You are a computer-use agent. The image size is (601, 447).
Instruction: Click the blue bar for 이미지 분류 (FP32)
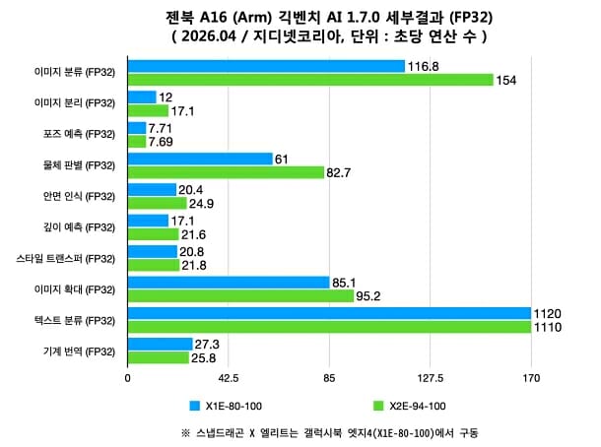(x=266, y=66)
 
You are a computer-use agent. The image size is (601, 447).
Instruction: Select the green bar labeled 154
(x=310, y=80)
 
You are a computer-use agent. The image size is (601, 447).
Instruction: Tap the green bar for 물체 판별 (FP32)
(x=226, y=172)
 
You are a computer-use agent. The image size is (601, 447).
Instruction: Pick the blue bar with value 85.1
(x=229, y=283)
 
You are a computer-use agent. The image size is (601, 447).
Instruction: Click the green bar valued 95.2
(x=240, y=296)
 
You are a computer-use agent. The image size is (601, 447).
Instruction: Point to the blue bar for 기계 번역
(x=161, y=345)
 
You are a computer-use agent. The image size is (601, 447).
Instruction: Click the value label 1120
(x=548, y=314)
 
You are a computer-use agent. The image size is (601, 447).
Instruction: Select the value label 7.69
(x=163, y=142)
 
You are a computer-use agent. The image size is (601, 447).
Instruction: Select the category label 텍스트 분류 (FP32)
(x=75, y=320)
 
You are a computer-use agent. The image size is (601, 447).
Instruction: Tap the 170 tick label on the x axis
(x=531, y=377)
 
